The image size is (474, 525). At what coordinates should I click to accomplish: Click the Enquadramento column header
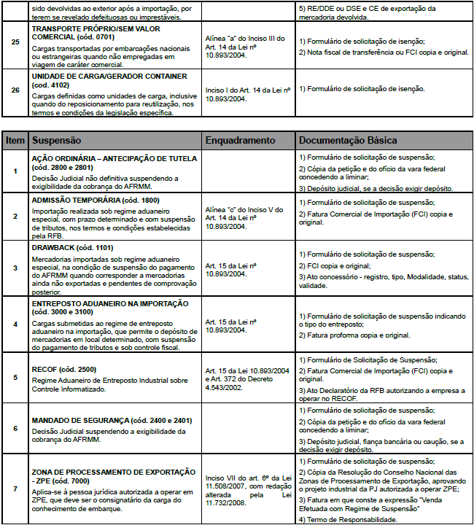[241, 140]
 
